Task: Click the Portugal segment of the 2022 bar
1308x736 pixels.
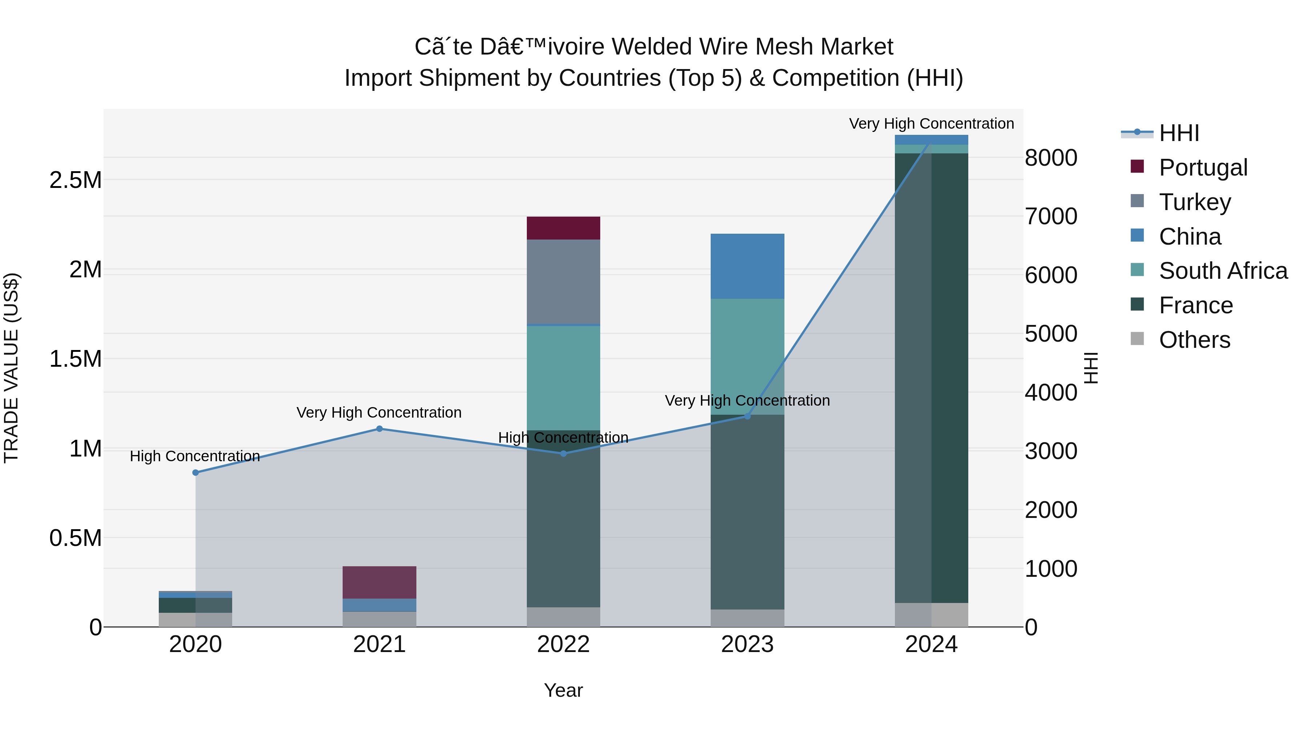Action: [563, 228]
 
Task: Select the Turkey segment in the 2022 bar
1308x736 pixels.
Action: [563, 281]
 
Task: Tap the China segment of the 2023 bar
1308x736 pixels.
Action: [747, 266]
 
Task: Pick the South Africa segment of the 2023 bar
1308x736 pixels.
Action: [747, 355]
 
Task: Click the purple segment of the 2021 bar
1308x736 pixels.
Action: [379, 582]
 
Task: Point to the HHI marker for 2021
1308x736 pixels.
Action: [379, 429]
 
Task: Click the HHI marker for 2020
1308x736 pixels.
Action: [195, 472]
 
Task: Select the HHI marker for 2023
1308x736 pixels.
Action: [747, 416]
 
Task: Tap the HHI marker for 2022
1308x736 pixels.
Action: [563, 453]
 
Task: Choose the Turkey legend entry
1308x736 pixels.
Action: [1194, 202]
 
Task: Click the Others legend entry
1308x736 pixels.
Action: [1194, 339]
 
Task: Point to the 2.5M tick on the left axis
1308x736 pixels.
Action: [75, 180]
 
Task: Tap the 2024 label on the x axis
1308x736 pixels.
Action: [931, 644]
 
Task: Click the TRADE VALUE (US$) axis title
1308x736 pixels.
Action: [11, 368]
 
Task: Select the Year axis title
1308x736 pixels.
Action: [563, 690]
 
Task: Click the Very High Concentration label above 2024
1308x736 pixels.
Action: [931, 124]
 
